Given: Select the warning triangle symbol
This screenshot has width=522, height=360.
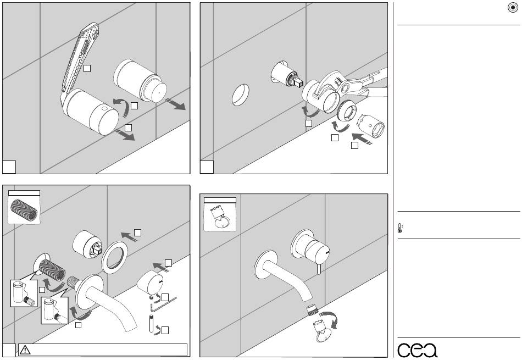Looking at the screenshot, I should (26, 349).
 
